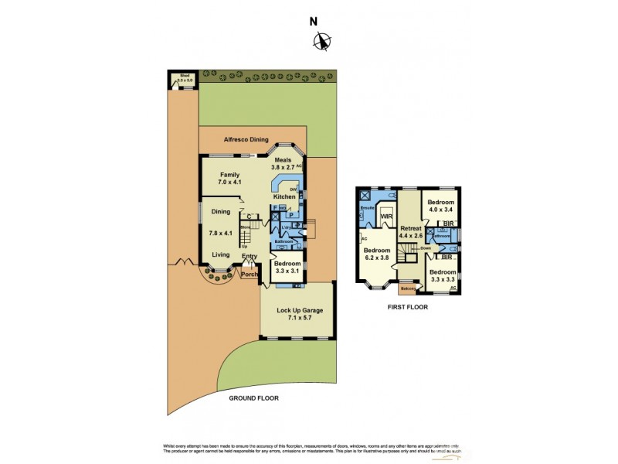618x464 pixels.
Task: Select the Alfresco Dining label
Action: (x=245, y=140)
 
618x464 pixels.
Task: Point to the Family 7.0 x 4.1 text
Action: (x=230, y=179)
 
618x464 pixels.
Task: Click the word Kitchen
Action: (x=284, y=197)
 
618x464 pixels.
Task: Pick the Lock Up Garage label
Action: (x=299, y=314)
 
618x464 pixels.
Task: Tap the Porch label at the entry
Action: (x=249, y=274)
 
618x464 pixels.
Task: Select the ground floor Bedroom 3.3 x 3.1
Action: (x=287, y=268)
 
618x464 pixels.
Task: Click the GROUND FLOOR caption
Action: (x=253, y=398)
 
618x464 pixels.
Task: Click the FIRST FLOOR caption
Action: (x=406, y=307)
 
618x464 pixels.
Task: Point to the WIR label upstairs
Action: (x=387, y=217)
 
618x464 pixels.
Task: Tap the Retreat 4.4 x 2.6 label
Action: (x=411, y=232)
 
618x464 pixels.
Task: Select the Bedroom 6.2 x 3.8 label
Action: (x=377, y=255)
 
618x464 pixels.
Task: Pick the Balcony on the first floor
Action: (x=407, y=289)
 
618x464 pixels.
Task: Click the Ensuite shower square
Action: (x=365, y=196)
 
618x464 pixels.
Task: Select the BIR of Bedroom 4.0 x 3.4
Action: (x=447, y=224)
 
